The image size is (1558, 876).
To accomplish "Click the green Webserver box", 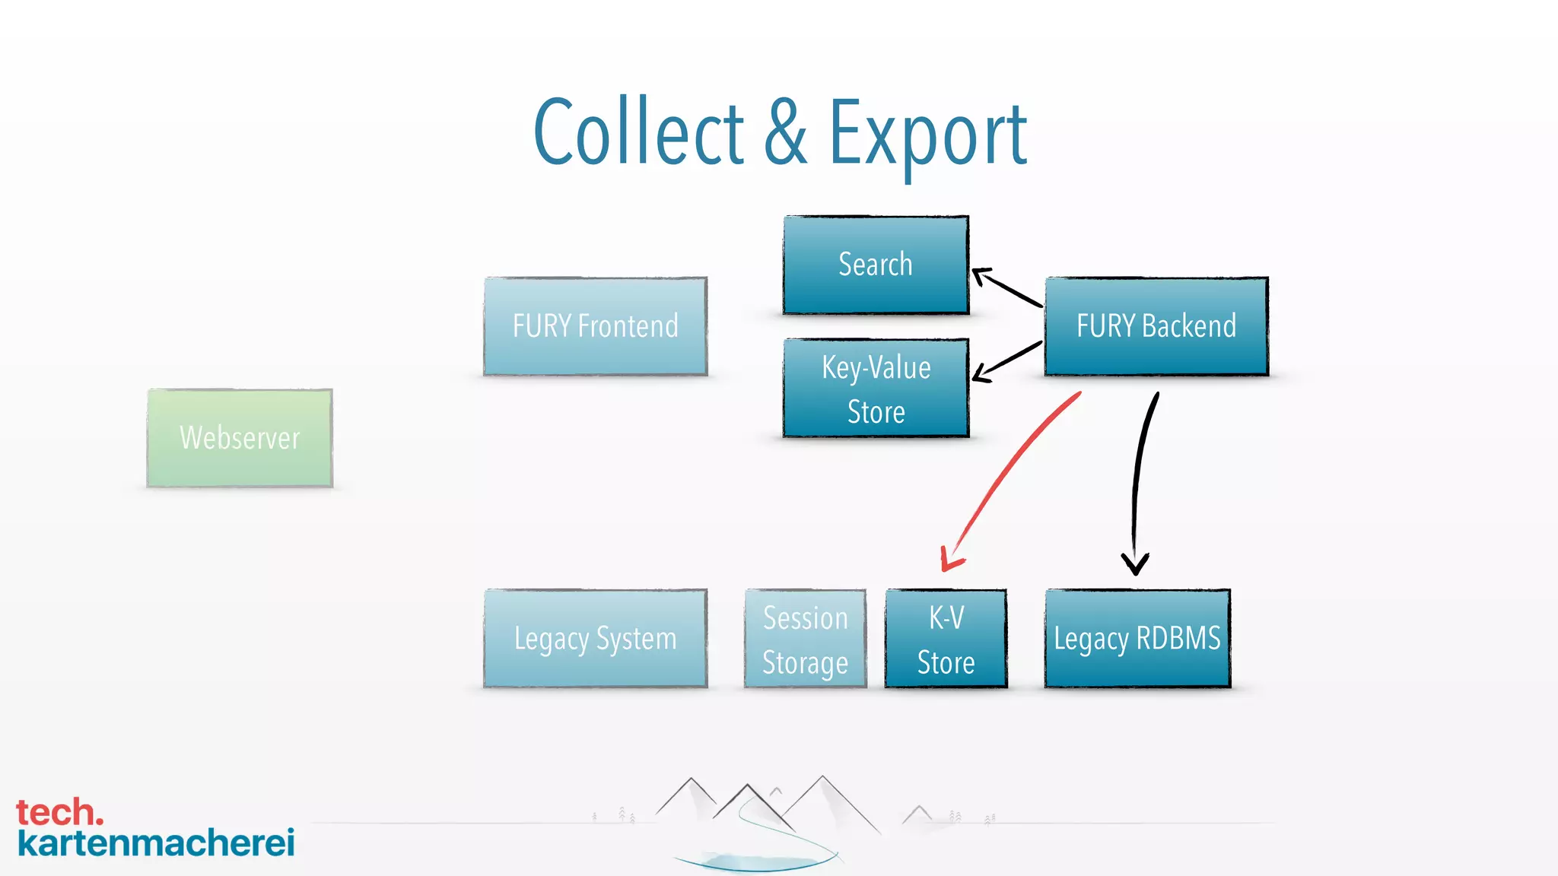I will pyautogui.click(x=240, y=438).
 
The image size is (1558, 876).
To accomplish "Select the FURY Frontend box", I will pyautogui.click(x=595, y=326).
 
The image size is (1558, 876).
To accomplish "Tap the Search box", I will pyautogui.click(x=876, y=265).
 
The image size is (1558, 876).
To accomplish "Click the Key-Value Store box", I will pyautogui.click(x=876, y=389).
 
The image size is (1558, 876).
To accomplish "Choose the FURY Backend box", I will pyautogui.click(x=1156, y=326).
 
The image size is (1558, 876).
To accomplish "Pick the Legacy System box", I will pyautogui.click(x=595, y=639).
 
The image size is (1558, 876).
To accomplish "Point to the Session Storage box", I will pyautogui.click(x=805, y=639).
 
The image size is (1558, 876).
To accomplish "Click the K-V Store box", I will pyautogui.click(x=946, y=639).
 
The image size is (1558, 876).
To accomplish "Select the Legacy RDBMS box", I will pyautogui.click(x=1137, y=639).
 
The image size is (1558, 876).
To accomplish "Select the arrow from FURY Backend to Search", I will pyautogui.click(x=1008, y=287).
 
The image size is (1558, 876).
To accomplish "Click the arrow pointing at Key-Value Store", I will pyautogui.click(x=1008, y=360).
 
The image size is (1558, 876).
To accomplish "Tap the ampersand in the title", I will pyautogui.click(x=785, y=133).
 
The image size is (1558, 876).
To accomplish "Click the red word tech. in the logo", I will pyautogui.click(x=59, y=812).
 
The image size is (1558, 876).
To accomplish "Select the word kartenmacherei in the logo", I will pyautogui.click(x=156, y=843).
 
